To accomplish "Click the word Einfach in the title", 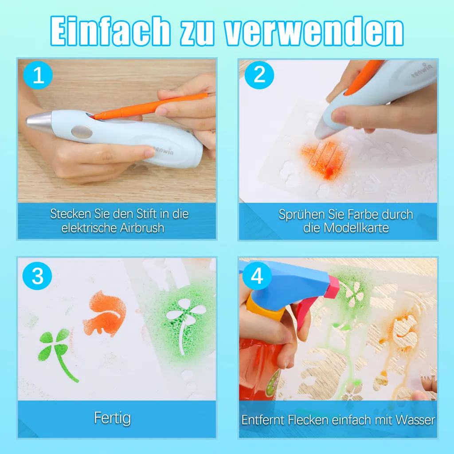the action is (110, 31).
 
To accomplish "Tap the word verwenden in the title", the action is (314, 32).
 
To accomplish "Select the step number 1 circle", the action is (38, 75).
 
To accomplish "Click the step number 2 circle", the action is (259, 75).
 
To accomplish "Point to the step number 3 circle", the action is (37, 276).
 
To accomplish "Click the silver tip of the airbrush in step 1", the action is (39, 121).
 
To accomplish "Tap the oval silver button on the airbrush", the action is (82, 132).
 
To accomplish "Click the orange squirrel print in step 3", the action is (105, 314).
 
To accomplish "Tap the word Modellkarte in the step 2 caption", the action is (356, 227).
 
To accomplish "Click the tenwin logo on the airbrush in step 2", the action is (422, 70).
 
